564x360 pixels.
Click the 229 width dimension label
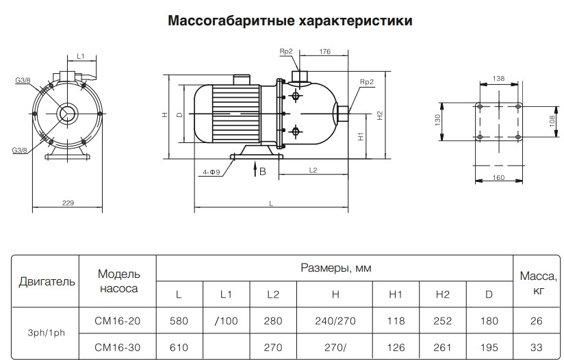[68, 203]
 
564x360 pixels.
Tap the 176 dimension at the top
[325, 51]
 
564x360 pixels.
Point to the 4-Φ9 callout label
[211, 172]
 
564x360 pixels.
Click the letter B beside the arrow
[263, 172]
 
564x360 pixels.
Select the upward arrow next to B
[255, 169]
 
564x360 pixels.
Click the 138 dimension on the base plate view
[498, 79]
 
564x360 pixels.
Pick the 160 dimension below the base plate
[498, 178]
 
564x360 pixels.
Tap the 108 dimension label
[552, 121]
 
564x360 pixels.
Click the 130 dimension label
[438, 120]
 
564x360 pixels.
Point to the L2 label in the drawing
[313, 170]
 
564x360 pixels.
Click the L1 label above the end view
[81, 56]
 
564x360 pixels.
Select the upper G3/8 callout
[23, 80]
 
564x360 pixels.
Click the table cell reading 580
[179, 321]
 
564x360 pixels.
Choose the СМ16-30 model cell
[117, 348]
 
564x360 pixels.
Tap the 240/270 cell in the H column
[335, 321]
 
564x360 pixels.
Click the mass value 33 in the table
[537, 348]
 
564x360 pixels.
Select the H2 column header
[442, 294]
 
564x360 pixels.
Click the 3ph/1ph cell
[47, 333]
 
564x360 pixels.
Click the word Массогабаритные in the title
[231, 21]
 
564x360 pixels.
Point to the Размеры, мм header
[335, 268]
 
